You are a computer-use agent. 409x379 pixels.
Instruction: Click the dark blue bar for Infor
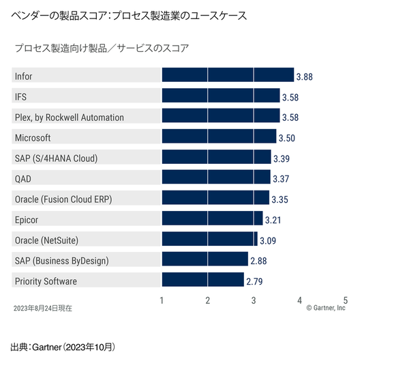tap(227, 76)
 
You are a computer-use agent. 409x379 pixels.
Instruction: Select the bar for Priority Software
tap(202, 281)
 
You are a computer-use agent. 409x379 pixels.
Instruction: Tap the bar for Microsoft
tap(218, 137)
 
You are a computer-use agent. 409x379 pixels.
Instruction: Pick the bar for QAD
tap(215, 178)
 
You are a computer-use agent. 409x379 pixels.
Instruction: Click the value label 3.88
tap(303, 76)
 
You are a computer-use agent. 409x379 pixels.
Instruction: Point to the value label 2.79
tap(255, 281)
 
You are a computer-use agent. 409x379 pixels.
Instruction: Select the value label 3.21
tap(273, 220)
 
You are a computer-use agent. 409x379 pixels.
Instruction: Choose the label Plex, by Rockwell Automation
tap(70, 117)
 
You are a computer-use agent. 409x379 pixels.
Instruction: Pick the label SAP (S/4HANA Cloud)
tap(56, 158)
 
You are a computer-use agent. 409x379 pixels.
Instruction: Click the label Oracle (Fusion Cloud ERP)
tap(63, 199)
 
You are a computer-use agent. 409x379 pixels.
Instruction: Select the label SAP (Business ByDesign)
tap(61, 261)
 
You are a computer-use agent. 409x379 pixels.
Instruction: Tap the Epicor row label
tap(27, 220)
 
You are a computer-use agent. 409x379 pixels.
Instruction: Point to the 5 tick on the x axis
tap(346, 300)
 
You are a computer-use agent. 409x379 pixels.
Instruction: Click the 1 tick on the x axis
tap(162, 300)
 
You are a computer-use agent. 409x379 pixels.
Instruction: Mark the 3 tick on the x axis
tap(254, 300)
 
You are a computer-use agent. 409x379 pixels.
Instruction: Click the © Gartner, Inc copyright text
tap(326, 309)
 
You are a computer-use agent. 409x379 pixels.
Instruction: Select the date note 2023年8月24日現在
tap(42, 309)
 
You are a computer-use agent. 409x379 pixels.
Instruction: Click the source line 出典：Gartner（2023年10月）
tap(63, 348)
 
